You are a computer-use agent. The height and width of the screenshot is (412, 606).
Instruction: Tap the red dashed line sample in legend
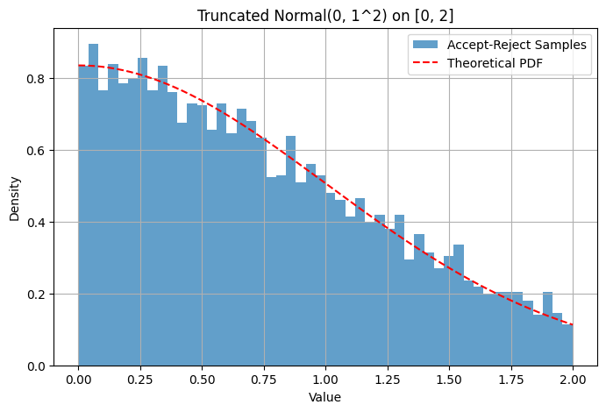coord(427,63)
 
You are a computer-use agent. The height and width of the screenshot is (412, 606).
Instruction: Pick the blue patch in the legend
coord(427,46)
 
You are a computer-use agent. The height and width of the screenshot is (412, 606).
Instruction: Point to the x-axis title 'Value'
coord(325,397)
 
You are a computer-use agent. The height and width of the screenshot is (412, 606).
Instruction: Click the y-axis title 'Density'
coord(15,196)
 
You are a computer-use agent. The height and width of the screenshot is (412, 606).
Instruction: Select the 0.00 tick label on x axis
coord(78,381)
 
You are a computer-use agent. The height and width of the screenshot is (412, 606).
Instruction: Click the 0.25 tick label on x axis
coord(140,381)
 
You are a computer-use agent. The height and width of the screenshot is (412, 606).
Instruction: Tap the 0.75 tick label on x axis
coord(264,381)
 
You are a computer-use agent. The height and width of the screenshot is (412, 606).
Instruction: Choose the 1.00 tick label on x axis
coord(325,381)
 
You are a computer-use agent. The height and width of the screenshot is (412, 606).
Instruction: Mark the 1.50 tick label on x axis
coord(449,381)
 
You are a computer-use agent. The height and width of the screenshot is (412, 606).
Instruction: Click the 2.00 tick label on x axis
coord(573,381)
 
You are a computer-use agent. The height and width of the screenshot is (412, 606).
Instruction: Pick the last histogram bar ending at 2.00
coord(567,345)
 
